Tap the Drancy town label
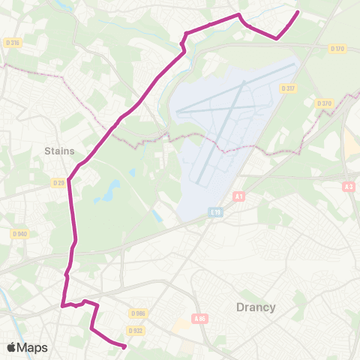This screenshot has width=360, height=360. [x=256, y=307]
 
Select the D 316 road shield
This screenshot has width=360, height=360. [x=13, y=43]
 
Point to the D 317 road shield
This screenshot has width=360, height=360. [x=287, y=88]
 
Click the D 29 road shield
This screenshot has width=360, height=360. [x=59, y=182]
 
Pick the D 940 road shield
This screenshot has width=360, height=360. [x=19, y=233]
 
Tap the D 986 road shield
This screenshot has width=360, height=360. [x=137, y=313]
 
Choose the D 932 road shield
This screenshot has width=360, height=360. [x=135, y=330]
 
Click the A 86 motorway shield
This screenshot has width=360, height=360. [x=199, y=319]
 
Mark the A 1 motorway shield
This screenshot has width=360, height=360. [x=239, y=196]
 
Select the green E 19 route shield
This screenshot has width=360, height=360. [x=215, y=213]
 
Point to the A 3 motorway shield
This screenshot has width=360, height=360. [x=348, y=187]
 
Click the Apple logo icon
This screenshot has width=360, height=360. [x=11, y=347]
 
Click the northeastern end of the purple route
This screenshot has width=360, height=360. [x=298, y=12]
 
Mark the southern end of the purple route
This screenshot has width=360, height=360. [x=124, y=346]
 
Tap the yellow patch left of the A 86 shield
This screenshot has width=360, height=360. [x=181, y=325]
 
